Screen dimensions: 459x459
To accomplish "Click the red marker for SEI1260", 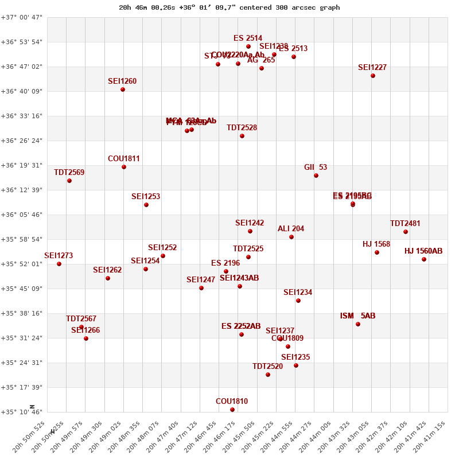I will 123,90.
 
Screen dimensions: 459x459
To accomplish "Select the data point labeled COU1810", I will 232,410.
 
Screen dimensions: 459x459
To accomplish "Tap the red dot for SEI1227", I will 373,76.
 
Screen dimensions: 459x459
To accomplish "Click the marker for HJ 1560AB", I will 424,259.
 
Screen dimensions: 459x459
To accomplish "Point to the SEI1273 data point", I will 59,264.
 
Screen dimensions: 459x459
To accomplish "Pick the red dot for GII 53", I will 316,176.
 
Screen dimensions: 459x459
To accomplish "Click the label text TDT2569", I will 69,172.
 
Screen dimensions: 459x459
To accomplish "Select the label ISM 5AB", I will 357,316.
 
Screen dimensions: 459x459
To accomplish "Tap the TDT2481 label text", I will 405,223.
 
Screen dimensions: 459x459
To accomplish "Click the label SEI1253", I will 146,196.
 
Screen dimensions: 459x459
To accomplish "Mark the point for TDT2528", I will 242,136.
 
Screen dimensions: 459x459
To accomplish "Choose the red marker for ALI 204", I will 291,237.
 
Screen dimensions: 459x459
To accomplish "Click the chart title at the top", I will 229,7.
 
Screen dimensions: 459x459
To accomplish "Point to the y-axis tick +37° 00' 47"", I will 21,17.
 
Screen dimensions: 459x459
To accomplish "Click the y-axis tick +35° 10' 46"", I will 21,412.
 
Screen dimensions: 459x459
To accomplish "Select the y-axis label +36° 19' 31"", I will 21,165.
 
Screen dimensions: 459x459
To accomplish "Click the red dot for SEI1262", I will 108,278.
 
